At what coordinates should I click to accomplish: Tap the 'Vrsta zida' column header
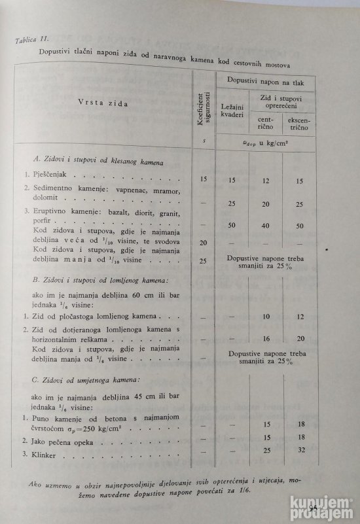pos(104,103)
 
